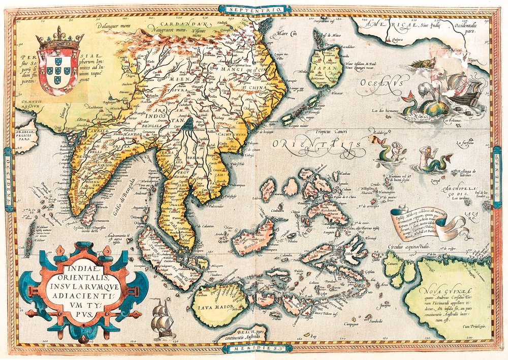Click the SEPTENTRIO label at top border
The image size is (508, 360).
pos(255,9)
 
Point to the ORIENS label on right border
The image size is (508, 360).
pos(499,177)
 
